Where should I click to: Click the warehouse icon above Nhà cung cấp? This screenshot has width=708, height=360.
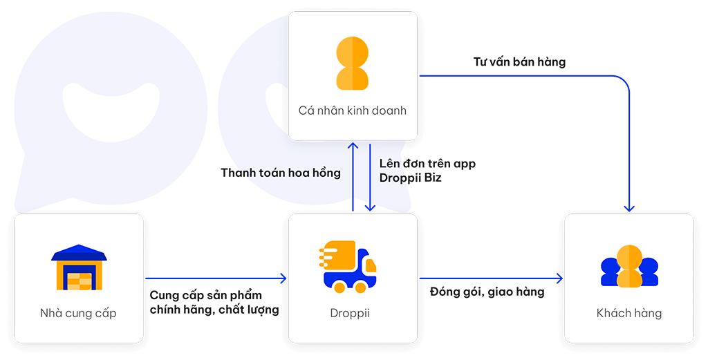tap(79, 267)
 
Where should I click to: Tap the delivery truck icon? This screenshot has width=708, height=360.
tap(348, 267)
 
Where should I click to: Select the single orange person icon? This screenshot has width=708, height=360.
tap(352, 63)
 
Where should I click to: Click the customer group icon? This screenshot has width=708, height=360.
tap(629, 266)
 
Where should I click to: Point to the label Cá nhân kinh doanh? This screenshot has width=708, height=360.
tap(352, 111)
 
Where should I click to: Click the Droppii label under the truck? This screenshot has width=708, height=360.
tap(350, 313)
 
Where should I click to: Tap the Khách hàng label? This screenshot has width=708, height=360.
tap(629, 312)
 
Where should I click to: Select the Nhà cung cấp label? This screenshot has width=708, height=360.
tap(78, 313)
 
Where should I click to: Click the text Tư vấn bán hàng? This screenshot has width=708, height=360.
tap(519, 61)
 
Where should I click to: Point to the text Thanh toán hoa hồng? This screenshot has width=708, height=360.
tap(281, 173)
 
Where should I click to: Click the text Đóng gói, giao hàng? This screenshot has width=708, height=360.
tap(487, 292)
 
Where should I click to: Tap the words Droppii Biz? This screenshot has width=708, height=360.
tap(410, 178)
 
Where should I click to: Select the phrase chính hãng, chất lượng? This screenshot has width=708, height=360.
tap(214, 310)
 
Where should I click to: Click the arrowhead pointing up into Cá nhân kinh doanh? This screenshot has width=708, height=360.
tap(353, 146)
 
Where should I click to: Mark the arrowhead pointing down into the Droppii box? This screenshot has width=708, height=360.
tap(370, 207)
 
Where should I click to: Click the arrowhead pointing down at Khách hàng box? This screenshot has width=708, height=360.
tap(629, 208)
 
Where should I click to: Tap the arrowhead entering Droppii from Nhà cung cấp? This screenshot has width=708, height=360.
tap(283, 278)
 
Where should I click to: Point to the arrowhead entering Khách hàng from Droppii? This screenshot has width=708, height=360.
tap(559, 278)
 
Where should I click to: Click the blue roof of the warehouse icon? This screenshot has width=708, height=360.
tap(79, 253)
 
